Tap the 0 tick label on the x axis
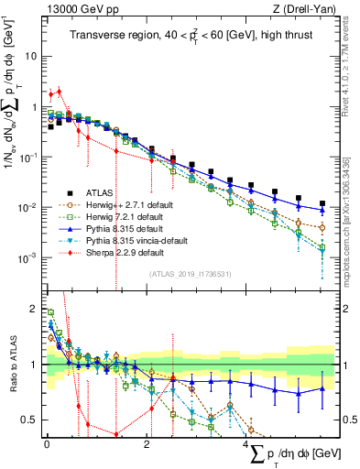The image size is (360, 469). (x=47, y=443)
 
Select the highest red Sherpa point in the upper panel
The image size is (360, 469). (x=59, y=91)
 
